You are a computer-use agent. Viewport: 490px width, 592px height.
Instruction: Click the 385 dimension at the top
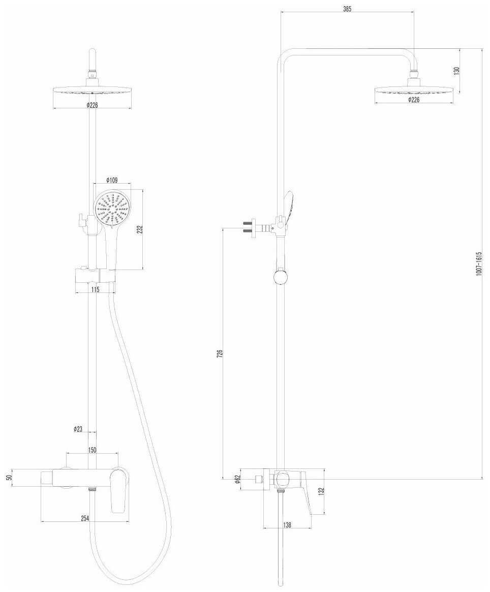coord(347,9)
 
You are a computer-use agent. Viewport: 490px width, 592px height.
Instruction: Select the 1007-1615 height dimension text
coord(478,264)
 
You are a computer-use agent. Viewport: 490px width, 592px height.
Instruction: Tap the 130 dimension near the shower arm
coord(456,71)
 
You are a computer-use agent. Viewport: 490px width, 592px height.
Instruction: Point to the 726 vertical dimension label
coord(220,353)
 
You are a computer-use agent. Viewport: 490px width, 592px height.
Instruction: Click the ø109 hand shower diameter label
coord(112,180)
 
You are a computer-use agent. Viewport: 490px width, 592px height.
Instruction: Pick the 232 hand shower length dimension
coord(139,229)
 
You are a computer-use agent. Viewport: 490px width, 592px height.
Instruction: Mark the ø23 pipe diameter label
coord(78,429)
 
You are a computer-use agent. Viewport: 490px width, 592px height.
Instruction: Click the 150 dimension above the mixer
coord(92,450)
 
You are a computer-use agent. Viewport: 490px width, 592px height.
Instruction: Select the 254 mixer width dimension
coord(85,518)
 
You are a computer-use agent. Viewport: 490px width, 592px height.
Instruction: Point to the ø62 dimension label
coord(237,479)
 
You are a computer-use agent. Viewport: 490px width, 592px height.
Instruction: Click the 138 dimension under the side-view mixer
coord(287,525)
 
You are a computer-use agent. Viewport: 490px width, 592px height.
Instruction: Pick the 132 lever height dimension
coord(321,491)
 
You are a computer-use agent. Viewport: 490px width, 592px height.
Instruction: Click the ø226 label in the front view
coord(92,105)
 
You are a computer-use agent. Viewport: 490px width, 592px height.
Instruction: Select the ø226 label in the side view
coord(414,100)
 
